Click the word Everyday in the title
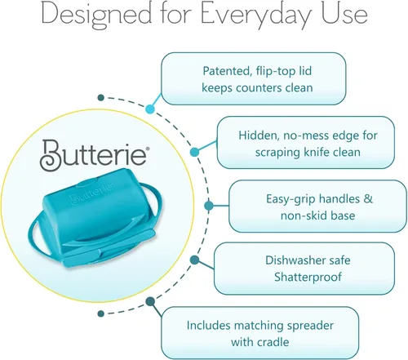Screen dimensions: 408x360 [x=255, y=14]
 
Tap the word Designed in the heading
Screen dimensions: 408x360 [x=96, y=14]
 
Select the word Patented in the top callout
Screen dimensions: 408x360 [x=226, y=71]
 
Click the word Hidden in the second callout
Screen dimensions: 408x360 [x=259, y=136]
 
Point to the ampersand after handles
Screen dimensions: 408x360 [x=368, y=198]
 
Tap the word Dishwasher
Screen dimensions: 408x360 [x=295, y=260]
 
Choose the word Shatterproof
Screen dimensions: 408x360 [x=308, y=278]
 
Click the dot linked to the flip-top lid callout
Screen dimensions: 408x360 [x=150, y=109]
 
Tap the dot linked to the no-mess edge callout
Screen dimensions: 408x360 [x=194, y=152]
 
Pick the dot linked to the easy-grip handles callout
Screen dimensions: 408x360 [x=209, y=206]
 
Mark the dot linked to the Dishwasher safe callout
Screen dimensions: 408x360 [x=194, y=260]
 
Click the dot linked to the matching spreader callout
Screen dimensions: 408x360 [x=150, y=301]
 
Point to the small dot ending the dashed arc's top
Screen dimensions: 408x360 [x=101, y=97]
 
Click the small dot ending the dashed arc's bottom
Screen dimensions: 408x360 [x=101, y=313]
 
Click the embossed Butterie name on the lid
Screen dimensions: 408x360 [x=91, y=193]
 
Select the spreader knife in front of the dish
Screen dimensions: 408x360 [x=109, y=249]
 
